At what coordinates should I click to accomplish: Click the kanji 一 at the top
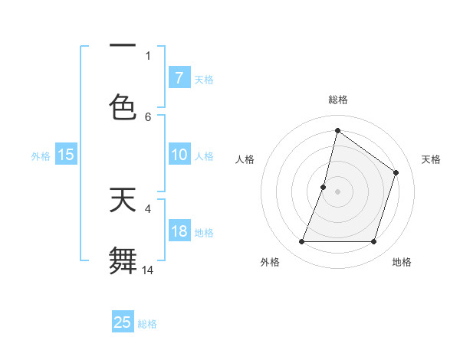tap(123, 46)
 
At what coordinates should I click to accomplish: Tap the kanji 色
tap(123, 106)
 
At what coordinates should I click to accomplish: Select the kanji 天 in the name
tap(123, 200)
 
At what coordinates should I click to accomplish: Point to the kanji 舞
tap(123, 260)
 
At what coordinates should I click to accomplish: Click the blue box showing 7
tap(179, 78)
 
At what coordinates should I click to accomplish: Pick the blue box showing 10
tap(179, 155)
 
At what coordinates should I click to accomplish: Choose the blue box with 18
tap(179, 231)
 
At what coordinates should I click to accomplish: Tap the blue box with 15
tap(66, 155)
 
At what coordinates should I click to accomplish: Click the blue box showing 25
tap(123, 322)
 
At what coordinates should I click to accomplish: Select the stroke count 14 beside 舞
tap(148, 270)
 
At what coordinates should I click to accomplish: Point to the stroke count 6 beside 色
tap(148, 116)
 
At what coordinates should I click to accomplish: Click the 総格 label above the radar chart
tap(337, 100)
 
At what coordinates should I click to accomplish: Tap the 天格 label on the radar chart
tap(431, 159)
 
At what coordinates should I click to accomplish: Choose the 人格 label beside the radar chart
tap(245, 159)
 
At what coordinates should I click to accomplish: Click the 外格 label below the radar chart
tap(270, 263)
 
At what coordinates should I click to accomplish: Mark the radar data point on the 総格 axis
tap(337, 131)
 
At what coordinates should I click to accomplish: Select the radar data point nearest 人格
tap(324, 187)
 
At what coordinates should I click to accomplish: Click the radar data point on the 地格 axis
tap(373, 242)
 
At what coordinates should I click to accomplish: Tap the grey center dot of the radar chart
tap(337, 191)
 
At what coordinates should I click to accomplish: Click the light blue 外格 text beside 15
tap(41, 155)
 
